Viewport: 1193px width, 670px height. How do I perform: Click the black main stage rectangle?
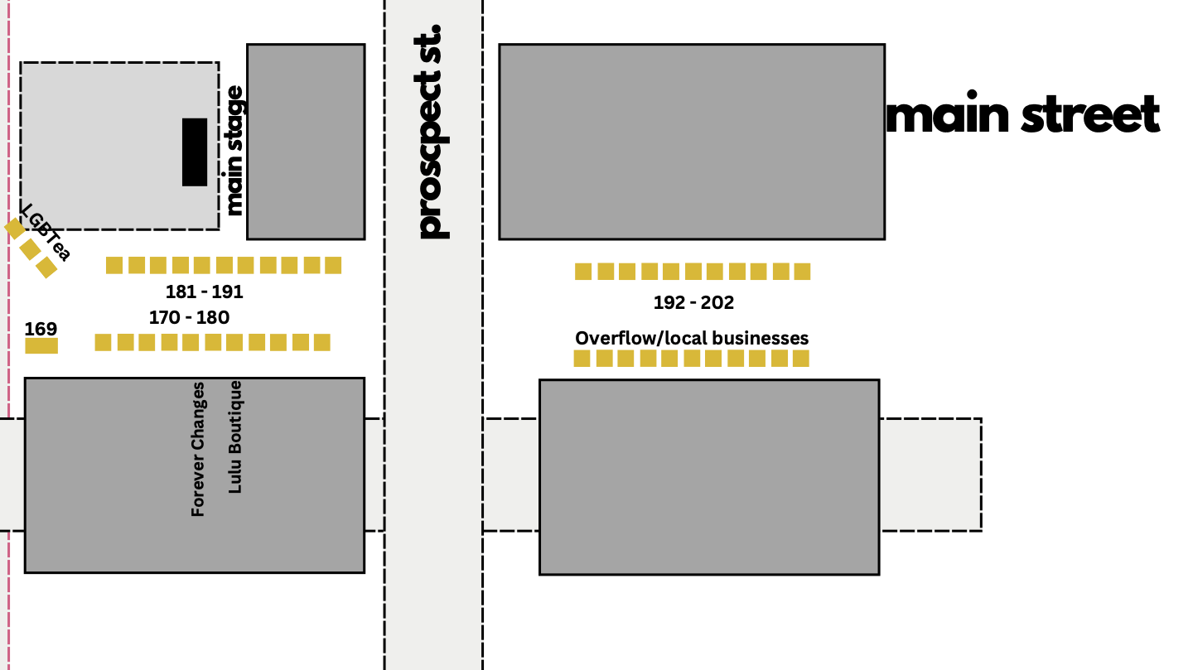(195, 152)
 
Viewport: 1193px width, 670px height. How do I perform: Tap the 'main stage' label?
(235, 150)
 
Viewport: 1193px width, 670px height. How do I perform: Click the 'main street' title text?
(1022, 114)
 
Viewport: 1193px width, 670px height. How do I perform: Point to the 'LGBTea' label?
(46, 232)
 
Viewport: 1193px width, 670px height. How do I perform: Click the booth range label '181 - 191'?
(204, 292)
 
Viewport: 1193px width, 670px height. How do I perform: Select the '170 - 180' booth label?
(189, 317)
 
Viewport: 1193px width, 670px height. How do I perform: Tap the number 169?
(41, 329)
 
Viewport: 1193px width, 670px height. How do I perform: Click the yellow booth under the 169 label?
(41, 345)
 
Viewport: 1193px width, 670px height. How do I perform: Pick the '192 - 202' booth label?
(693, 303)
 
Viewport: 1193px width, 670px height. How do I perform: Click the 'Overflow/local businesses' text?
(692, 338)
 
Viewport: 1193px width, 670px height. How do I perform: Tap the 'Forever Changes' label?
(198, 449)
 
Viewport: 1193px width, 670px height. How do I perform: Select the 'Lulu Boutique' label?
(235, 436)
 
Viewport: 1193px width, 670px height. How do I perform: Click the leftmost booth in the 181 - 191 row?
(114, 265)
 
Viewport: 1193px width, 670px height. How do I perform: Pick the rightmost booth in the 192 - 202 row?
(802, 271)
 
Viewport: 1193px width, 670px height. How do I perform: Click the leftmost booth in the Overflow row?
(582, 359)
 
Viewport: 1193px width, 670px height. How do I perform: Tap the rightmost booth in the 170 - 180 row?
(321, 342)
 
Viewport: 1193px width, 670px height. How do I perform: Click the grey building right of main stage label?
(306, 142)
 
